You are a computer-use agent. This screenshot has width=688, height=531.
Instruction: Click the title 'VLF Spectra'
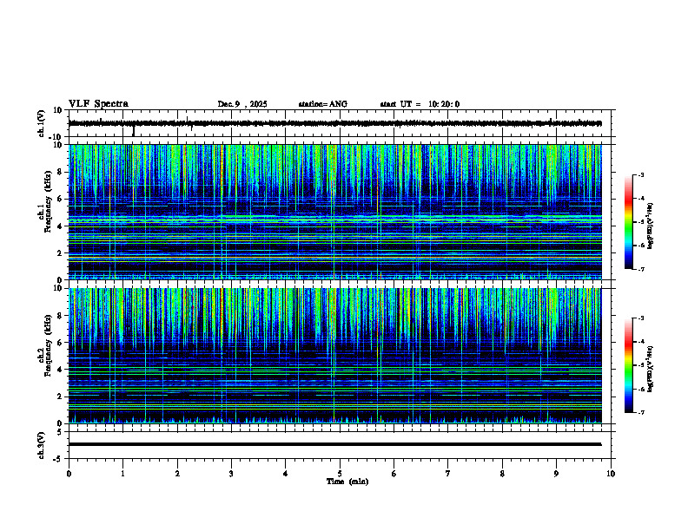click(x=98, y=103)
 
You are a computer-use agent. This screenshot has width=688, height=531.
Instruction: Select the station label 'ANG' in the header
click(x=337, y=104)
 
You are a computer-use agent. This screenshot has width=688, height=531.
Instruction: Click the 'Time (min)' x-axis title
click(x=347, y=482)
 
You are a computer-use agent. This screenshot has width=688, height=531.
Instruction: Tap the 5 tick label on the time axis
click(x=340, y=474)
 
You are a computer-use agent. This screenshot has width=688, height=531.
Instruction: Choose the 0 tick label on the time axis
click(x=69, y=474)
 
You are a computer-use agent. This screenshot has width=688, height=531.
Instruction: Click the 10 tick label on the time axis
click(x=611, y=474)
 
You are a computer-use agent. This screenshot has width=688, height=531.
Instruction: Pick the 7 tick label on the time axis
click(x=448, y=474)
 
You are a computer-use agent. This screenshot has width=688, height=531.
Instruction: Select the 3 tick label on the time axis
click(x=231, y=474)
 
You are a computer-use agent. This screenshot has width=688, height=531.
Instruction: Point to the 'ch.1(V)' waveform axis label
click(x=42, y=123)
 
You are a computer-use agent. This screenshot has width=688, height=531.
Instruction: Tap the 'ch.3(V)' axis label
click(x=42, y=444)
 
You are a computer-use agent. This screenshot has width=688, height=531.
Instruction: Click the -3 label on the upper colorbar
click(x=640, y=175)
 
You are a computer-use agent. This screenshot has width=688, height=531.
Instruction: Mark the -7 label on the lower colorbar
click(x=640, y=413)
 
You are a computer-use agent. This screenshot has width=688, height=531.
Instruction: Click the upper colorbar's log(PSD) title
click(x=651, y=222)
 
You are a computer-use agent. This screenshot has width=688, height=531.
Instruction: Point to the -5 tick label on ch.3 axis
click(x=58, y=457)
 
